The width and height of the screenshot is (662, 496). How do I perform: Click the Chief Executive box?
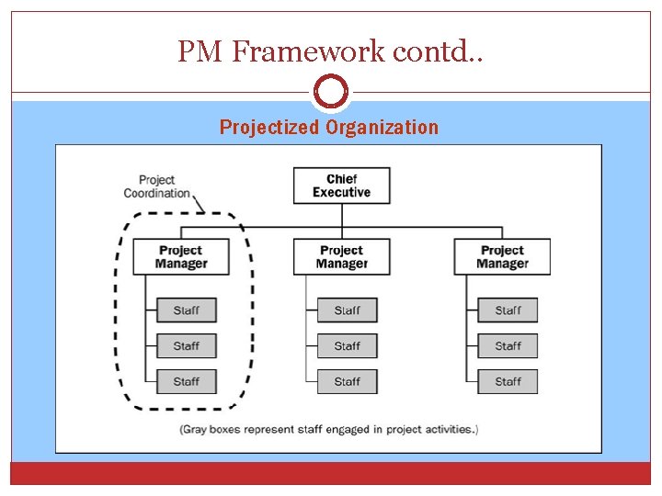pyautogui.click(x=341, y=186)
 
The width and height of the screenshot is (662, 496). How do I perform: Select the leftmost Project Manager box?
pyautogui.click(x=181, y=256)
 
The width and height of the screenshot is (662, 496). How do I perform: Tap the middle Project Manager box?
pyautogui.click(x=341, y=256)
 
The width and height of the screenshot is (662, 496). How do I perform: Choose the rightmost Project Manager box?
pyautogui.click(x=502, y=256)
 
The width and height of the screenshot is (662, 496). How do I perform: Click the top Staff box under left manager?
pyautogui.click(x=186, y=310)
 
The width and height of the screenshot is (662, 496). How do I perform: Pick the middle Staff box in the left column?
pyautogui.click(x=186, y=346)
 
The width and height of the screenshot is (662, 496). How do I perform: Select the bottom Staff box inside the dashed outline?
pyautogui.click(x=186, y=381)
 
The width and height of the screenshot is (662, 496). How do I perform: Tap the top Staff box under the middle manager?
pyautogui.click(x=347, y=310)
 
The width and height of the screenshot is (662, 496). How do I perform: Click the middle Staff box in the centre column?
pyautogui.click(x=347, y=346)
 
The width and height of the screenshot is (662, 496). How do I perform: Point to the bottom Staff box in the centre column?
pyautogui.click(x=347, y=381)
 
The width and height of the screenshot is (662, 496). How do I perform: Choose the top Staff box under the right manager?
pyautogui.click(x=508, y=310)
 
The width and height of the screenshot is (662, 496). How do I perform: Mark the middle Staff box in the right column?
pyautogui.click(x=508, y=346)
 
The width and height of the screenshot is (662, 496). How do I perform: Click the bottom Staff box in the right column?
pyautogui.click(x=508, y=381)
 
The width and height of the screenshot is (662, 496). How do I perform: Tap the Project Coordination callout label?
pyautogui.click(x=157, y=186)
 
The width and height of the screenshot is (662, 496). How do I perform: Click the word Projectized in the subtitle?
pyautogui.click(x=268, y=128)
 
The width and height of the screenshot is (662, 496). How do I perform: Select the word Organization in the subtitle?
pyautogui.click(x=382, y=128)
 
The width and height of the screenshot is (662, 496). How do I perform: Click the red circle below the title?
pyautogui.click(x=331, y=92)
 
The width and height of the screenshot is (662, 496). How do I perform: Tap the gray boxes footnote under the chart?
pyautogui.click(x=329, y=429)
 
